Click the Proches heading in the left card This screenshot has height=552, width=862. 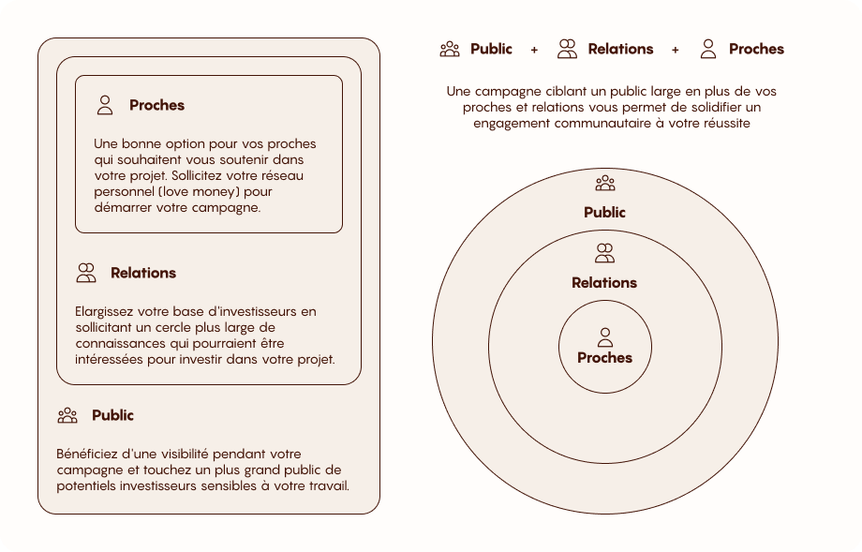pyautogui.click(x=156, y=105)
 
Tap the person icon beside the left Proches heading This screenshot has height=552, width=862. pyautogui.click(x=105, y=105)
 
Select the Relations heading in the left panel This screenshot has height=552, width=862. pyautogui.click(x=143, y=273)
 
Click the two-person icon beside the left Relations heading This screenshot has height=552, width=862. pyautogui.click(x=86, y=273)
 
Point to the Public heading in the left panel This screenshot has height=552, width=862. pyautogui.click(x=112, y=415)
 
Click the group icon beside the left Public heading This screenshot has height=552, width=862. pyautogui.click(x=67, y=415)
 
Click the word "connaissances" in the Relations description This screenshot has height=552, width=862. pyautogui.click(x=118, y=343)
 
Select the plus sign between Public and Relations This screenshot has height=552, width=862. pyautogui.click(x=534, y=50)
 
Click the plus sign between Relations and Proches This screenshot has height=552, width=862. pyautogui.click(x=676, y=50)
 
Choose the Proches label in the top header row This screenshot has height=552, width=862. pyautogui.click(x=756, y=49)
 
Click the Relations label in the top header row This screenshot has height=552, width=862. pyautogui.click(x=620, y=49)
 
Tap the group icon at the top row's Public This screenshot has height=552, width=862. pyautogui.click(x=450, y=49)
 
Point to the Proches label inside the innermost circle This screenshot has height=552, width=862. pyautogui.click(x=604, y=358)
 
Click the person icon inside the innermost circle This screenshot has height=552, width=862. pyautogui.click(x=604, y=336)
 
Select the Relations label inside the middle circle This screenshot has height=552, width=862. pyautogui.click(x=604, y=282)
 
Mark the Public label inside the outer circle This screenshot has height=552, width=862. pyautogui.click(x=604, y=213)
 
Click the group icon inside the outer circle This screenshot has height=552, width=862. pyautogui.click(x=604, y=183)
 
